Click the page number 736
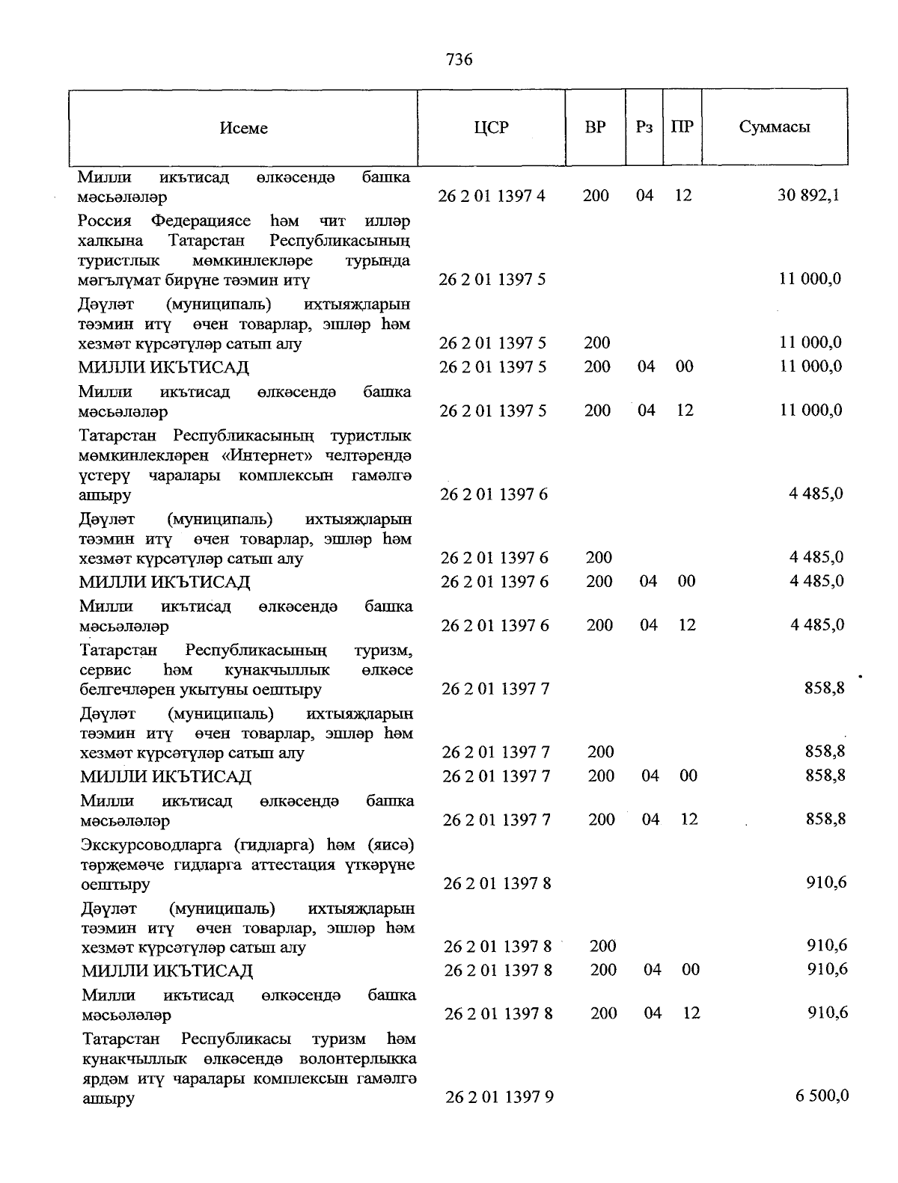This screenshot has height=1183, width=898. [459, 59]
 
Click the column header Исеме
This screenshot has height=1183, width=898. [243, 128]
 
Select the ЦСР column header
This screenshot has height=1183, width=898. [491, 127]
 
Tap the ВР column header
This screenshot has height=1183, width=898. [595, 127]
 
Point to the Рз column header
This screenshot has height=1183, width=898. [644, 127]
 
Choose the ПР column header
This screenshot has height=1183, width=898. [682, 127]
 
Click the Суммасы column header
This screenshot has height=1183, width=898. [775, 127]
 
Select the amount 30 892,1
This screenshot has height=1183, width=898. [808, 196]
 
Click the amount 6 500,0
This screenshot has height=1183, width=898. [822, 1096]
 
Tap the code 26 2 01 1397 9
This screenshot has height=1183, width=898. [499, 1097]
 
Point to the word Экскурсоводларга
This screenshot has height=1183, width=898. [153, 845]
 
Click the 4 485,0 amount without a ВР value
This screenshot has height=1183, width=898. [816, 494]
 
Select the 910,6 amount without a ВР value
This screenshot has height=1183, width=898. [826, 882]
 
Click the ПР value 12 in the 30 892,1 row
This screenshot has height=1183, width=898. [682, 196]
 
